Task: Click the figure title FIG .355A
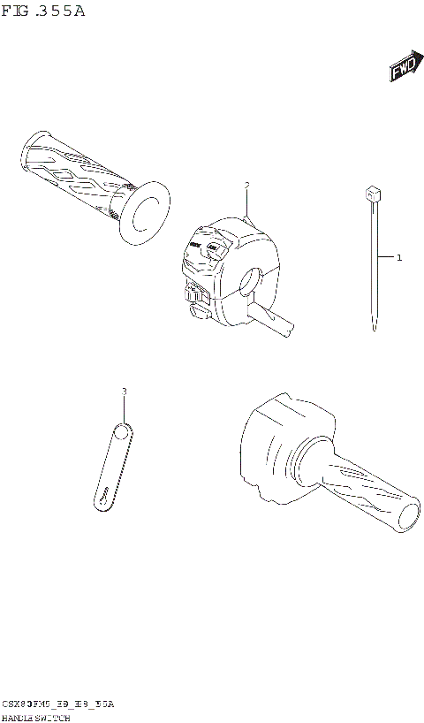[x=43, y=11]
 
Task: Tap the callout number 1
[x=399, y=258]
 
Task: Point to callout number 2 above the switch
[x=247, y=186]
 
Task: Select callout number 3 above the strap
[x=124, y=391]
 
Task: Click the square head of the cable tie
[x=374, y=193]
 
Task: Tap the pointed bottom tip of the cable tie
[x=375, y=329]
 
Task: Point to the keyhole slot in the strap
[x=103, y=498]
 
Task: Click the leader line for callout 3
[x=124, y=408]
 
